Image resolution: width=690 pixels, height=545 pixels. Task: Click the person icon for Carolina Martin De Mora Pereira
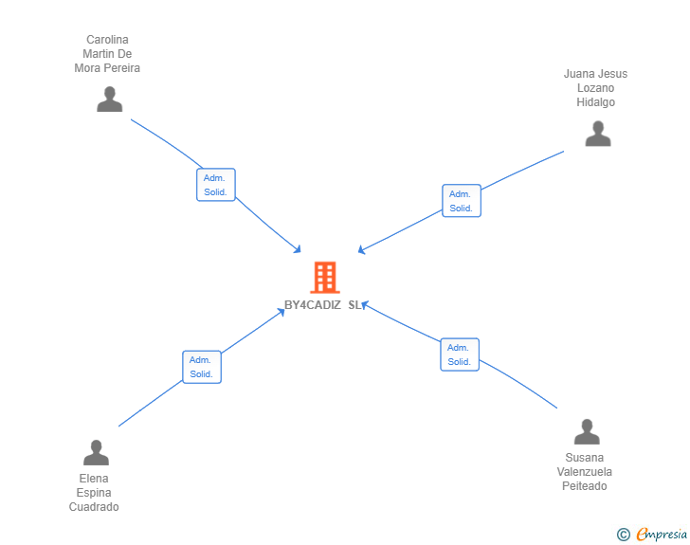(110, 100)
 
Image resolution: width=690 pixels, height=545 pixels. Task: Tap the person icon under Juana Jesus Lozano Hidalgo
(598, 134)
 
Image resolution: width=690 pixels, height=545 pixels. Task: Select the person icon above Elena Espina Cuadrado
(96, 453)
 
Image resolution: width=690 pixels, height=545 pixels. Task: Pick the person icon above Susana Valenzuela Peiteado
(587, 432)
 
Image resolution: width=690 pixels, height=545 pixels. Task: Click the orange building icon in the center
(324, 278)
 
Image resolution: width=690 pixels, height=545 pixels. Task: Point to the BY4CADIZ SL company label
(323, 305)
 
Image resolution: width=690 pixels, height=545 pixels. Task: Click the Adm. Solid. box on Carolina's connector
(215, 185)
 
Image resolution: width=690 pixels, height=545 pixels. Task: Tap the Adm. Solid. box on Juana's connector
(461, 201)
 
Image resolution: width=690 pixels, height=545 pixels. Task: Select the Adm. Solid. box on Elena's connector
(201, 367)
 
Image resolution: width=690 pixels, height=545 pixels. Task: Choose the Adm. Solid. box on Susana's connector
(460, 354)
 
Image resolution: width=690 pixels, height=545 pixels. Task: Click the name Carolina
(107, 40)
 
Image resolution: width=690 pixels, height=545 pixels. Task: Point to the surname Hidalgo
(595, 102)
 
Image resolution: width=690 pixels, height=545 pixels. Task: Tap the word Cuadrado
(94, 507)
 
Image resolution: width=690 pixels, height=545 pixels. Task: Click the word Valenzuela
(584, 472)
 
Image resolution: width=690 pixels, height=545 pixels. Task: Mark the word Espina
(94, 493)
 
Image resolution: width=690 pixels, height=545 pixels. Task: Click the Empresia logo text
(662, 535)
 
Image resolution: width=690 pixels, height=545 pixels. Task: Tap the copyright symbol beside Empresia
(623, 535)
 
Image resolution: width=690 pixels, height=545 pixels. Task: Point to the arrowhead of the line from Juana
(361, 251)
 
